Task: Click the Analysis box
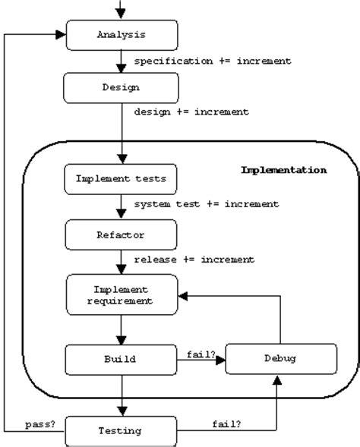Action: click(122, 35)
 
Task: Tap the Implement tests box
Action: click(122, 180)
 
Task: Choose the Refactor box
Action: click(122, 235)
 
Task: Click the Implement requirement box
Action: click(122, 295)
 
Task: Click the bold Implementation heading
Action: click(283, 170)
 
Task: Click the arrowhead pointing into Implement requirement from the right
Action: click(182, 295)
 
